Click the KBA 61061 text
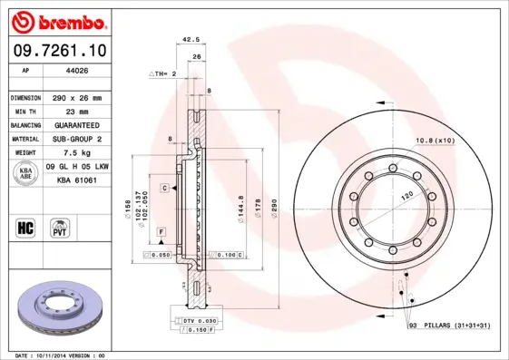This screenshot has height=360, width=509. [x=79, y=181]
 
